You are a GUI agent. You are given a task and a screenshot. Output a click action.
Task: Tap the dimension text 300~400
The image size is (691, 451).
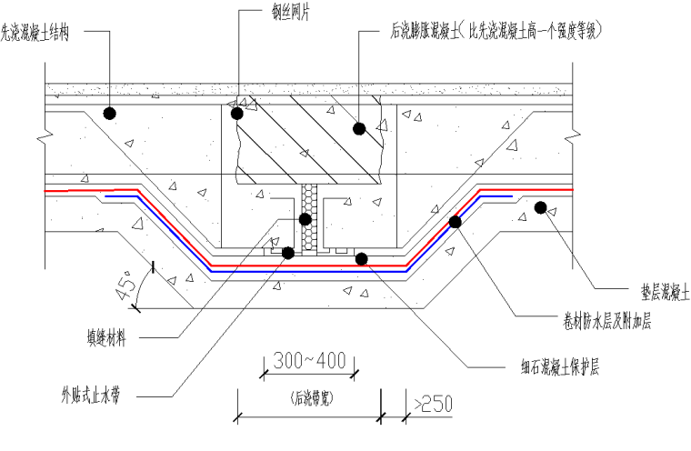309,360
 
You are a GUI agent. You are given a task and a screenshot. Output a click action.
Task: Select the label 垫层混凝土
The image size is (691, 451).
652,293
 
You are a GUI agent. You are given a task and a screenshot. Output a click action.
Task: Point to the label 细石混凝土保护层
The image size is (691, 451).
552,366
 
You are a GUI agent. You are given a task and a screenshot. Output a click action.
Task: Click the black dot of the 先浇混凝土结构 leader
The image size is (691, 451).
109,114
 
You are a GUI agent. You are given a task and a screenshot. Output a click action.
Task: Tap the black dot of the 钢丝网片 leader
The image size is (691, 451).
238,114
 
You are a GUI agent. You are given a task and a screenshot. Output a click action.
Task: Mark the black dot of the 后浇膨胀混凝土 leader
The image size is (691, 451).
359,129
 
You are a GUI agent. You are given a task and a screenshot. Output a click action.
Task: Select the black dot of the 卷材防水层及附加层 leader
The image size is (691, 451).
456,221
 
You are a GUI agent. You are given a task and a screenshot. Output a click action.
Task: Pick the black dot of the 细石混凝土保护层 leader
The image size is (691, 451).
361,259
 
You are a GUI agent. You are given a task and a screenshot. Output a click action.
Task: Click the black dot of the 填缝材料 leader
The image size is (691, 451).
305,219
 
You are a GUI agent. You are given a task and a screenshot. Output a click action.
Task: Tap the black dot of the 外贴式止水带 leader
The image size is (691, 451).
288,253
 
